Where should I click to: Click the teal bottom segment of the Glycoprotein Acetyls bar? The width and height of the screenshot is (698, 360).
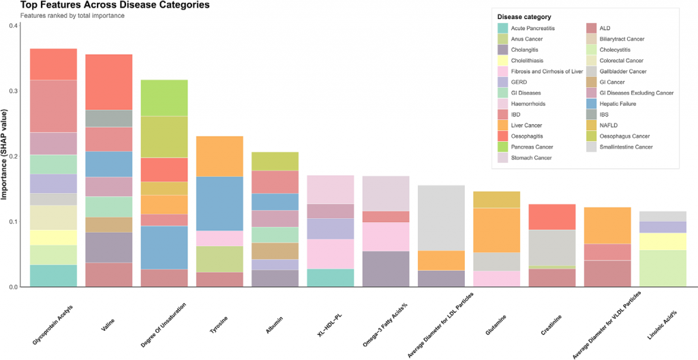tap(53, 275)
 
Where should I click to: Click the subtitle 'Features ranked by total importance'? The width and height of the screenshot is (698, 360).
tap(72, 16)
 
